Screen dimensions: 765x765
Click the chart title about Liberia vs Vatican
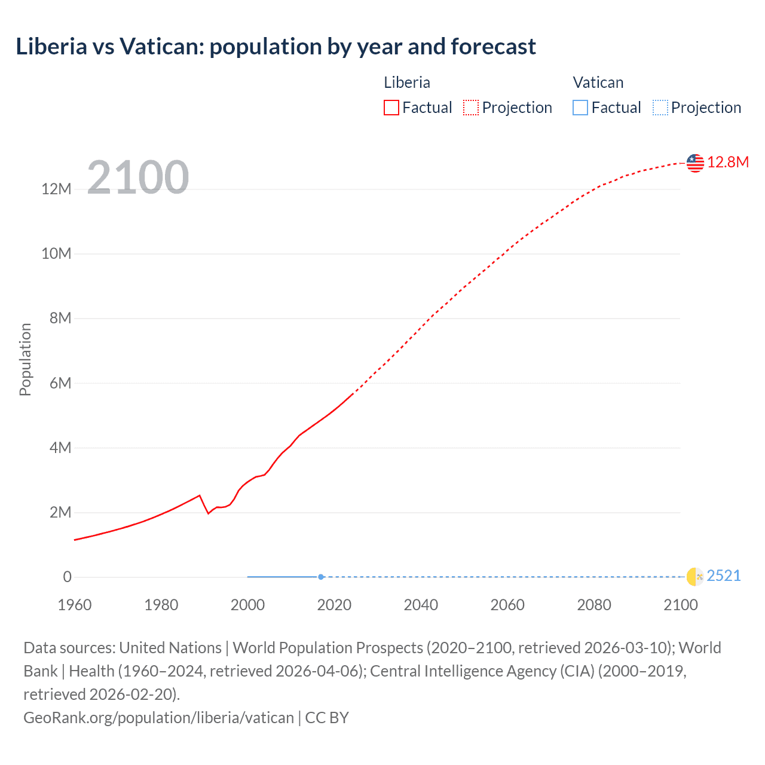276,47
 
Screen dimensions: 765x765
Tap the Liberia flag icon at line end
695,163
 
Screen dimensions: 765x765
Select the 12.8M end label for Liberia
728,162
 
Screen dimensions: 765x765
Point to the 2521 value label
723,576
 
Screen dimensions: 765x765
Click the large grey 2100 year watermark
138,178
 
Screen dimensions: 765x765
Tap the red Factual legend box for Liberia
391,108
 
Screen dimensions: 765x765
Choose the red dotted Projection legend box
471,108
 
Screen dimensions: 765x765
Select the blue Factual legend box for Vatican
580,108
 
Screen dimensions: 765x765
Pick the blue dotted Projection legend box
660,108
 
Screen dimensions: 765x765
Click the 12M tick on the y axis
56,189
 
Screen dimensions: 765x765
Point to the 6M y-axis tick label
60,383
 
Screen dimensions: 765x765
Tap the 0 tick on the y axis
67,577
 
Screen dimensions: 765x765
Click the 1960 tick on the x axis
75,605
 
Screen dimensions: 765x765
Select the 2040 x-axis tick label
421,605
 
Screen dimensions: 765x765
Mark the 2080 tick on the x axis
594,605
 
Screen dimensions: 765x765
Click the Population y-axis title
25,359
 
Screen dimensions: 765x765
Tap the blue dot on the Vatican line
321,577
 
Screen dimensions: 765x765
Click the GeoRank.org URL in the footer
158,717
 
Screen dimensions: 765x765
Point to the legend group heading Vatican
598,82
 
